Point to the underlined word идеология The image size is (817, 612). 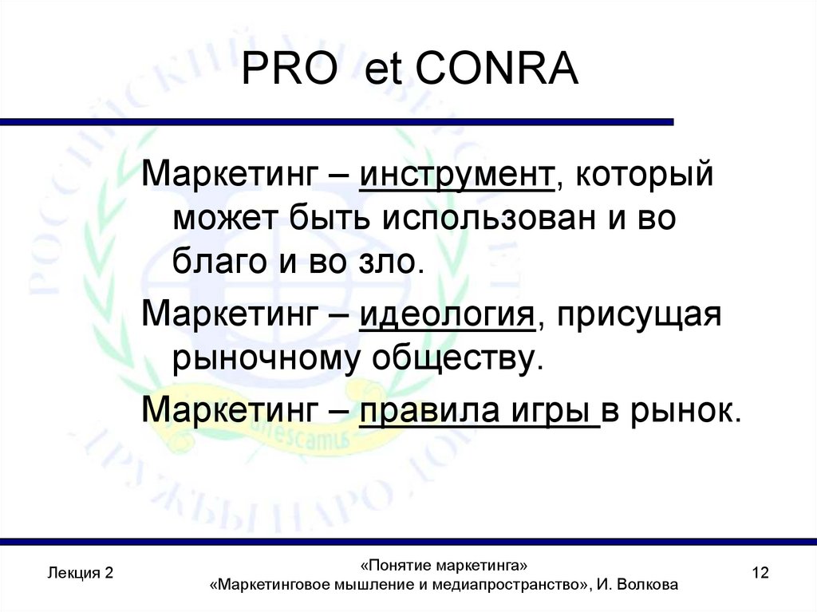(x=446, y=315)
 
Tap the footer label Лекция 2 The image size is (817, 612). (x=80, y=573)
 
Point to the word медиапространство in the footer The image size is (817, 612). (x=506, y=585)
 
